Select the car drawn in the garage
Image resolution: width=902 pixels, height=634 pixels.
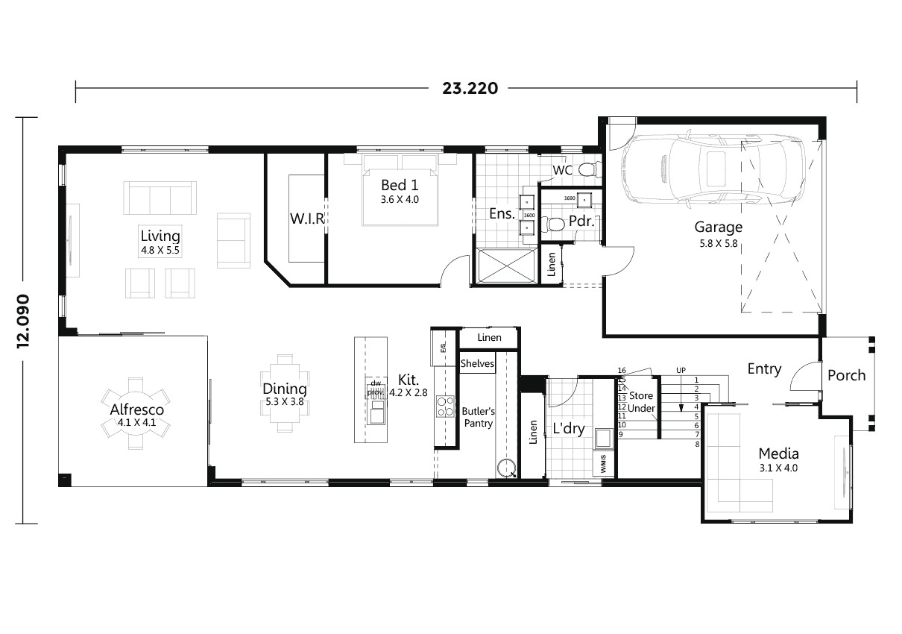pyautogui.click(x=713, y=169)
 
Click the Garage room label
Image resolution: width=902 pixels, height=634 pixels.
pyautogui.click(x=718, y=227)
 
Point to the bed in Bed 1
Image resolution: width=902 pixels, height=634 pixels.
pyautogui.click(x=400, y=190)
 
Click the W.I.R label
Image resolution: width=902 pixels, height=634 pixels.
pyautogui.click(x=306, y=219)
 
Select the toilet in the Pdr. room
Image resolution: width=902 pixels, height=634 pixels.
pyautogui.click(x=553, y=223)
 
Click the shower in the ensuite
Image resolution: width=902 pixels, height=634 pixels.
pyautogui.click(x=506, y=266)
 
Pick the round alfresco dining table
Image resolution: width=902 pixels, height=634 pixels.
pyautogui.click(x=136, y=409)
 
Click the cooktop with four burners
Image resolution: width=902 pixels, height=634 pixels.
pyautogui.click(x=445, y=406)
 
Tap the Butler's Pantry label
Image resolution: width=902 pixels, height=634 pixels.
pyautogui.click(x=478, y=417)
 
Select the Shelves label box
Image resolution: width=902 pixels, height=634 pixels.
pyautogui.click(x=477, y=364)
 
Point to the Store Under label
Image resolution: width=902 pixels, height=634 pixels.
pyautogui.click(x=640, y=402)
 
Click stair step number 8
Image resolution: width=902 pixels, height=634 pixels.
pyautogui.click(x=697, y=445)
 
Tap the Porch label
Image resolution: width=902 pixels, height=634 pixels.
pyautogui.click(x=847, y=374)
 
